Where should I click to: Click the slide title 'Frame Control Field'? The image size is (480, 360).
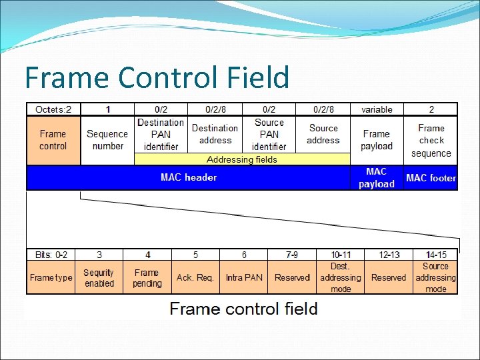click(x=157, y=77)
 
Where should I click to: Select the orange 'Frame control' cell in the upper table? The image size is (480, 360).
click(x=53, y=140)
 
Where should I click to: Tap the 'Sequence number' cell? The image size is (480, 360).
click(x=107, y=140)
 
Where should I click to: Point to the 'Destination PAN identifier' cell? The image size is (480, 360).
click(x=161, y=134)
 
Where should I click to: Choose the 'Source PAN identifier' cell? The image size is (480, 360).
click(x=269, y=134)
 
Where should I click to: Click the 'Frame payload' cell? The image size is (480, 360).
click(x=377, y=140)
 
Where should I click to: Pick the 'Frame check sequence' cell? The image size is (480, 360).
click(x=431, y=141)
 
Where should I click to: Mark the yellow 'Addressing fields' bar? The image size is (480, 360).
click(x=242, y=159)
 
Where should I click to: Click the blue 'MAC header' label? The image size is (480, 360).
click(x=189, y=177)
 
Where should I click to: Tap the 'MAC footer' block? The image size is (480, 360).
click(x=431, y=178)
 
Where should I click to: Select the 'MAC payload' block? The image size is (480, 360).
click(x=377, y=178)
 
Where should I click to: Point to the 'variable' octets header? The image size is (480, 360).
click(x=377, y=109)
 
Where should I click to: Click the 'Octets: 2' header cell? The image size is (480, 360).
click(x=53, y=109)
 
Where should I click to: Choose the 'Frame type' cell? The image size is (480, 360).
click(x=51, y=277)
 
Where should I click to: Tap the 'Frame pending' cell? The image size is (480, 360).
click(x=147, y=277)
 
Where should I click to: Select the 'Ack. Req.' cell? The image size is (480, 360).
click(x=195, y=277)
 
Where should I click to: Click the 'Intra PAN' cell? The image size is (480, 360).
click(x=244, y=277)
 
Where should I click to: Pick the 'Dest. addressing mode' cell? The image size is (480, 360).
click(x=340, y=277)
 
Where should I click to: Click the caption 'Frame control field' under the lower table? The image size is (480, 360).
click(x=243, y=309)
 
